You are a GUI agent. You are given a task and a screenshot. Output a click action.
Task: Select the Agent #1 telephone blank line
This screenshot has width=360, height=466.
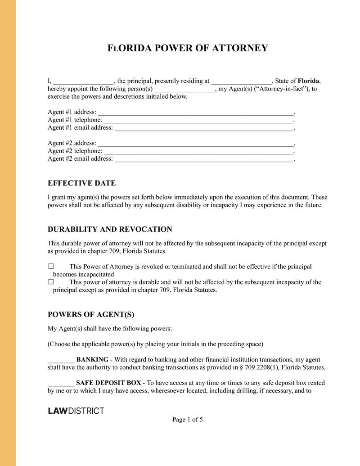pyautogui.click(x=198, y=120)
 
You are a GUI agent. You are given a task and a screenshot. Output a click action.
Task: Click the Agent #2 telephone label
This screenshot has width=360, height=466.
pyautogui.click(x=75, y=151)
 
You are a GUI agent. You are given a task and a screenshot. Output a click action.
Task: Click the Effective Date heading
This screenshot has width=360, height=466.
pyautogui.click(x=81, y=183)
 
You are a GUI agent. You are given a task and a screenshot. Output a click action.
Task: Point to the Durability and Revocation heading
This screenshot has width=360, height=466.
pyautogui.click(x=110, y=230)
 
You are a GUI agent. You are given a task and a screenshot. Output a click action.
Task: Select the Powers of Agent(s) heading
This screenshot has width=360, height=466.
pyautogui.click(x=91, y=314)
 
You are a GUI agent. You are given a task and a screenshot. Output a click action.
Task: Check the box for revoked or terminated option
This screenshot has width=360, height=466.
pyautogui.click(x=51, y=267)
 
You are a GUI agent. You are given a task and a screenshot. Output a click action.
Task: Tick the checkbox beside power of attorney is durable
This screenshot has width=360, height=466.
pyautogui.click(x=51, y=282)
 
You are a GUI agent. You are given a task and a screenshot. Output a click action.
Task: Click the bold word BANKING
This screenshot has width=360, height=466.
pyautogui.click(x=92, y=360)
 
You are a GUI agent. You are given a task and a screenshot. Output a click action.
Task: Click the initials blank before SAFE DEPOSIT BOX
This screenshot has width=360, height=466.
pyautogui.click(x=61, y=383)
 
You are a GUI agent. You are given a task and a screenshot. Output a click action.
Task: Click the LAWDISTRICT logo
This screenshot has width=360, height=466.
pyautogui.click(x=76, y=411)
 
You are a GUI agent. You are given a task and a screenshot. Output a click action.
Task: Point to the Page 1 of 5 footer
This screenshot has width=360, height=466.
pyautogui.click(x=188, y=420)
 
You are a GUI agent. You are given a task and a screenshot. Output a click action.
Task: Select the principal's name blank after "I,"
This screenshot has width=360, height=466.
pyautogui.click(x=84, y=81)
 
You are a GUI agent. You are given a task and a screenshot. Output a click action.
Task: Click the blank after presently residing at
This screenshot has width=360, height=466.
pyautogui.click(x=241, y=81)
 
